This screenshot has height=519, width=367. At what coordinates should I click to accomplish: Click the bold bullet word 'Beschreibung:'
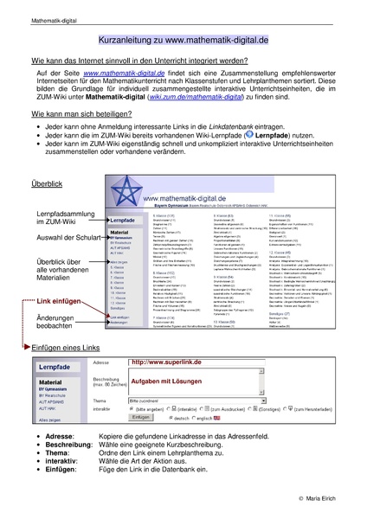[x=72, y=441]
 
